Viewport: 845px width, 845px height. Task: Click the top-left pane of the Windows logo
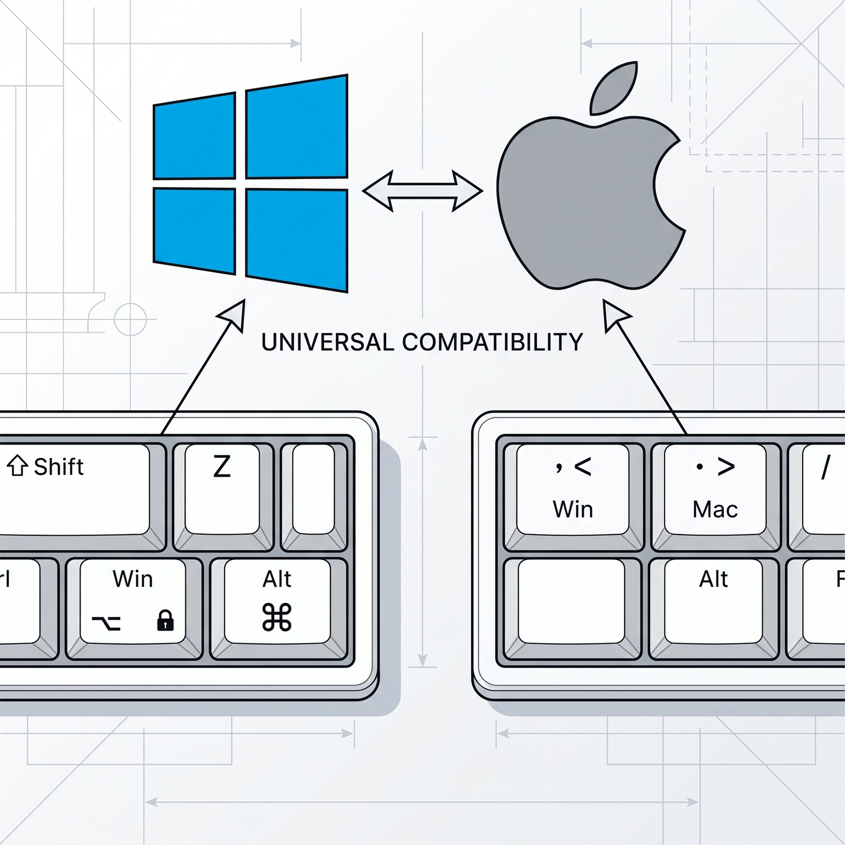tap(194, 136)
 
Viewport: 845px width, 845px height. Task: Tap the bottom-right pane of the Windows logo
tap(297, 240)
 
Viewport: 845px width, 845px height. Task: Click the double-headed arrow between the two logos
tap(422, 192)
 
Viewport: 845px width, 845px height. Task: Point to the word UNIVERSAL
tap(327, 343)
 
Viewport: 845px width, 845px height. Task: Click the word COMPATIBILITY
tap(492, 343)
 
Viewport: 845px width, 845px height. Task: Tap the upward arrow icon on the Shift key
tap(17, 466)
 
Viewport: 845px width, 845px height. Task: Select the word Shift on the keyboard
tap(59, 467)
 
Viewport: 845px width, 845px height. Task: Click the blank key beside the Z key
tap(314, 489)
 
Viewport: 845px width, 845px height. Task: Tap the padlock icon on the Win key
tap(165, 620)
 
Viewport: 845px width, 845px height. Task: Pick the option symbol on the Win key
tap(106, 622)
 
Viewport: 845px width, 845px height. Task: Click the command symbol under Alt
tap(277, 617)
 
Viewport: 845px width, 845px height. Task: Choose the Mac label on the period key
tap(715, 510)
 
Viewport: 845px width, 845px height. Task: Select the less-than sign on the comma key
tap(583, 466)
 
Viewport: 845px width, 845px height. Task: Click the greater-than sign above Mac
tap(726, 466)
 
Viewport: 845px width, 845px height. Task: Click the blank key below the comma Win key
tap(571, 601)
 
